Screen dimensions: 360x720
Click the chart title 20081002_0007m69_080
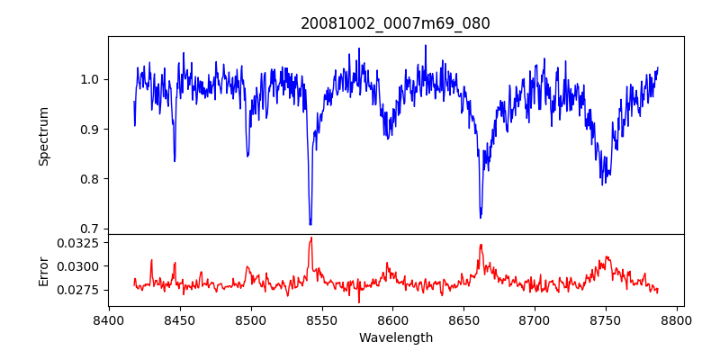(395, 23)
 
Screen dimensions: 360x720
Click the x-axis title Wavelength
(395, 337)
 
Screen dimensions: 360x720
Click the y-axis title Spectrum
(43, 136)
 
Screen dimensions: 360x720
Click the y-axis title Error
(43, 270)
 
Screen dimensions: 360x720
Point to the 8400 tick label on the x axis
(109, 319)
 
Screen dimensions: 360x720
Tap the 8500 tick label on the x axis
(251, 319)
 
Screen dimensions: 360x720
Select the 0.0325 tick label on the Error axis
(78, 243)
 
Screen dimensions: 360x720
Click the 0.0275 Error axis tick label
(78, 290)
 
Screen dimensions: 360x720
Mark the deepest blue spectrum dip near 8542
(310, 224)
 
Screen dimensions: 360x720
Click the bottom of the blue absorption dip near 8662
(481, 217)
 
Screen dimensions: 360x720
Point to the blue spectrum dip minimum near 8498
(247, 157)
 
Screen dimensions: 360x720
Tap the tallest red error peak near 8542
(310, 238)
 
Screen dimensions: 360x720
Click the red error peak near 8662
(481, 245)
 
